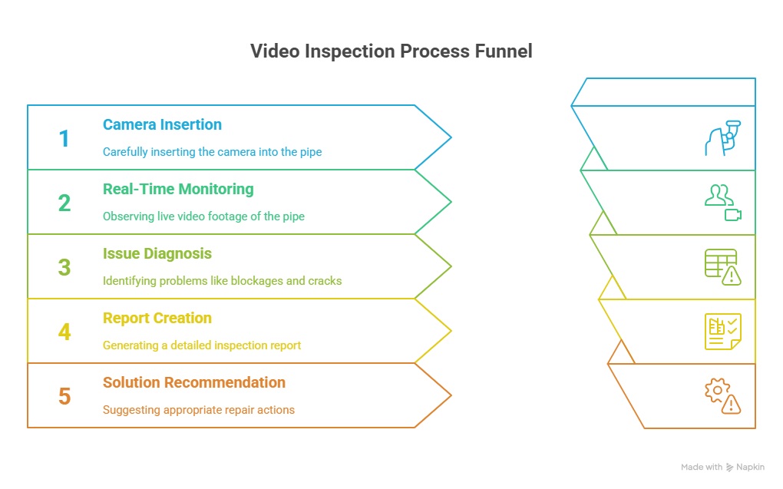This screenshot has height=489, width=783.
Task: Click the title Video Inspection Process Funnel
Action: (x=391, y=51)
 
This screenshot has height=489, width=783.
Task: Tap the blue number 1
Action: (x=64, y=138)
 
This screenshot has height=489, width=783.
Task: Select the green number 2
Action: (x=64, y=203)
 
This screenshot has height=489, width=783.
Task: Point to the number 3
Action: (x=64, y=267)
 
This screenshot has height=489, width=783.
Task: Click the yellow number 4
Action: (x=64, y=332)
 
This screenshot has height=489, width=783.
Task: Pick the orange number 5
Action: (x=64, y=396)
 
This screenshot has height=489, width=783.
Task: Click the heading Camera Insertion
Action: (x=162, y=124)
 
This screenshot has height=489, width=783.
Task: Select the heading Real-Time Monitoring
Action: (x=178, y=189)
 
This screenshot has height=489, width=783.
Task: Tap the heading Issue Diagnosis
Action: (x=157, y=253)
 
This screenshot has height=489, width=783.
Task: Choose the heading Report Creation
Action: (x=157, y=318)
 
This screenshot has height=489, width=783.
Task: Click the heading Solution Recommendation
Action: (x=194, y=382)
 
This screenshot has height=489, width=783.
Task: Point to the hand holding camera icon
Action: (x=722, y=138)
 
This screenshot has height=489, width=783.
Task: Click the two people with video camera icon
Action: (x=722, y=203)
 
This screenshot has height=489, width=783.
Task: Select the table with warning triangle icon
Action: (x=722, y=266)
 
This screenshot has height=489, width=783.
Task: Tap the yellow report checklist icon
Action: (x=722, y=331)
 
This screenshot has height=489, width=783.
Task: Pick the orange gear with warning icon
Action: (x=722, y=395)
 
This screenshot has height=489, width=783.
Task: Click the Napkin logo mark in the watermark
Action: (x=729, y=468)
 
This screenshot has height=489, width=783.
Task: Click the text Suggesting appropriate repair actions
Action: (x=199, y=410)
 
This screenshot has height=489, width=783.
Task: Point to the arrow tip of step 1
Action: (x=451, y=137)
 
